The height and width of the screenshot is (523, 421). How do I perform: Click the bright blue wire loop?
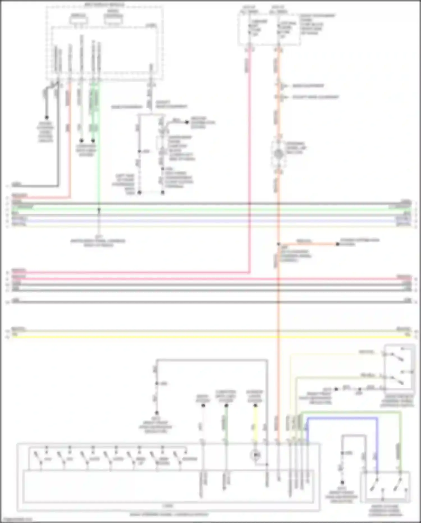342,418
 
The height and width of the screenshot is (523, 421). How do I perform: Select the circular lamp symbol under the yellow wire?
256,454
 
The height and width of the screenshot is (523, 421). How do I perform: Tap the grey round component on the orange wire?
278,154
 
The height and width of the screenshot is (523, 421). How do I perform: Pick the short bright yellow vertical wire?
255,424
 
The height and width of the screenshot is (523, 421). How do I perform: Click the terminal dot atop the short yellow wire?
255,406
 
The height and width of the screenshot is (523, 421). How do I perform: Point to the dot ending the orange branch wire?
338,244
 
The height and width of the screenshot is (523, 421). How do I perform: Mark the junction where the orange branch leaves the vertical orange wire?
278,244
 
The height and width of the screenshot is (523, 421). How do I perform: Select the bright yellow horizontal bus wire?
210,336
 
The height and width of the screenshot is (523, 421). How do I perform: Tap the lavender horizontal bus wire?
210,221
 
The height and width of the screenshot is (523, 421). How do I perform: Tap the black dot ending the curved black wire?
47,117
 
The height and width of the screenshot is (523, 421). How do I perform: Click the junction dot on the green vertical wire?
99,210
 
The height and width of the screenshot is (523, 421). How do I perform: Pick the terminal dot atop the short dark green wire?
226,406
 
